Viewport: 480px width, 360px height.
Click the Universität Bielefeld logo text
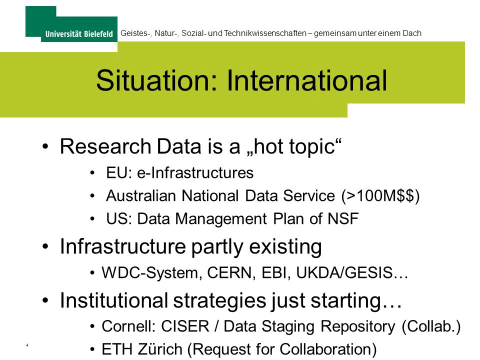click(79, 33)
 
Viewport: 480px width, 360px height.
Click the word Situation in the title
click(156, 80)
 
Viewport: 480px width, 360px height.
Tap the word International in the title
click(306, 80)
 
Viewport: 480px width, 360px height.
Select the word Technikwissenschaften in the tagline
click(265, 33)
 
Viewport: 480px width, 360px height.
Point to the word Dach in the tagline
click(412, 33)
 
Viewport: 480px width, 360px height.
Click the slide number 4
click(27, 345)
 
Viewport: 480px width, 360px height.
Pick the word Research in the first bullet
click(105, 146)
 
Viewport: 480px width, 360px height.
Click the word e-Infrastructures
click(195, 172)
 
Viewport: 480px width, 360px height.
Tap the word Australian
click(141, 195)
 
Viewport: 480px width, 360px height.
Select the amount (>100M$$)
click(380, 196)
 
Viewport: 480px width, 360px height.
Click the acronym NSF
click(343, 218)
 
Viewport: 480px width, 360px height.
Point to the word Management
click(221, 219)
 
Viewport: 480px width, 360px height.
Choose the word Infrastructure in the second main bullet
click(123, 246)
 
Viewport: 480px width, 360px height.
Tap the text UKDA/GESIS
click(344, 272)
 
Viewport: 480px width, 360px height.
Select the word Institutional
click(114, 300)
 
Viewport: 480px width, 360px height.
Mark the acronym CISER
click(185, 326)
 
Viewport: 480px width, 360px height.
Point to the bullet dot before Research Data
click(45, 146)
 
